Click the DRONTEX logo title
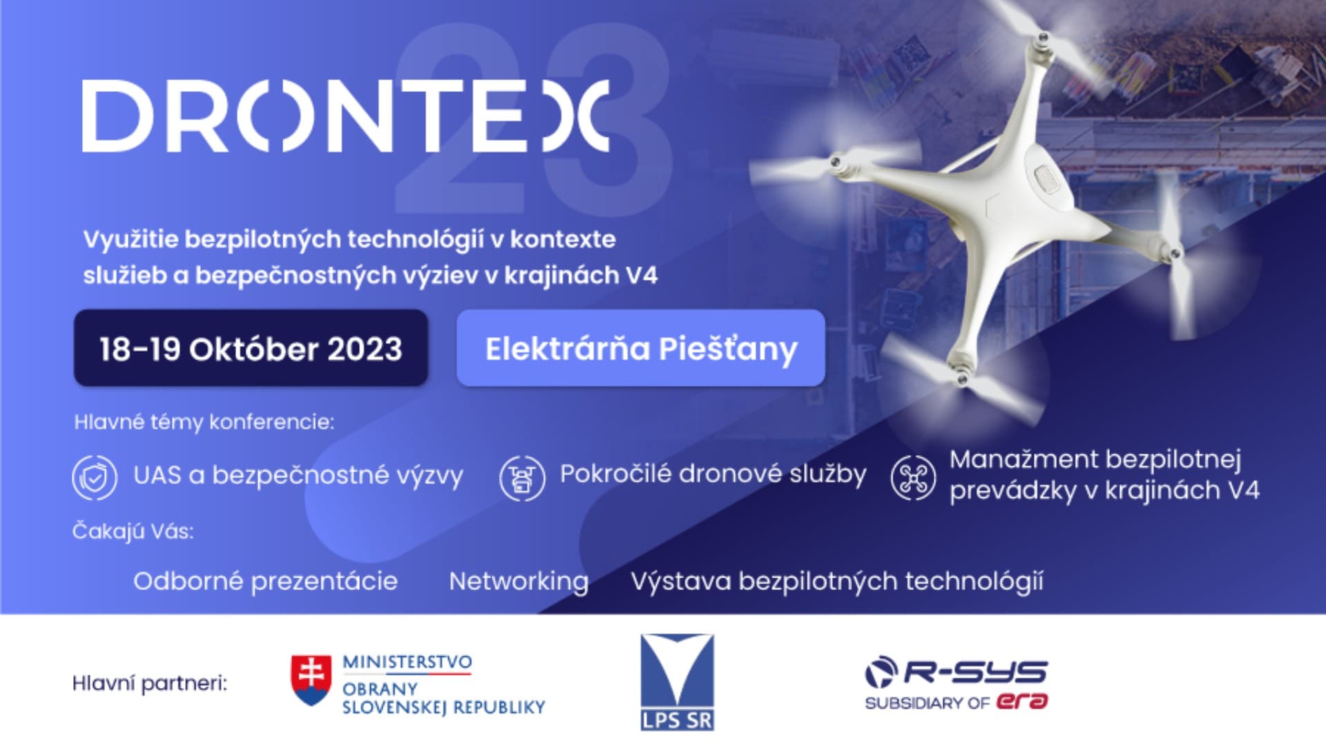(345, 116)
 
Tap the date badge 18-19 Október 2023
(251, 348)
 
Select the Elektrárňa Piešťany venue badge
(641, 348)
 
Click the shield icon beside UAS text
(95, 477)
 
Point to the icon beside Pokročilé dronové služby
(522, 477)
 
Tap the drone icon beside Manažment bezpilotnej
(913, 477)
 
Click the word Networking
(519, 582)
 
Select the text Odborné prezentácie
(265, 582)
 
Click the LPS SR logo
(677, 682)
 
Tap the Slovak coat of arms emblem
(311, 680)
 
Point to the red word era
(1022, 702)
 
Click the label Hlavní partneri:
(150, 684)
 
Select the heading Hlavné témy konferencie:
(204, 422)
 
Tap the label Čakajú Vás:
(133, 530)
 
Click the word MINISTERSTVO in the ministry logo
(407, 662)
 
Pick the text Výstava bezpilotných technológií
(837, 582)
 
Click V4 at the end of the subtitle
(641, 275)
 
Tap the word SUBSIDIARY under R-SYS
(914, 703)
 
